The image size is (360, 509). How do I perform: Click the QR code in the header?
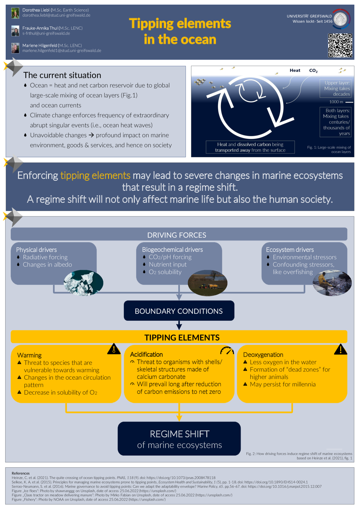(340, 45)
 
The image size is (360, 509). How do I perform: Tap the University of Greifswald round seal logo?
(341, 19)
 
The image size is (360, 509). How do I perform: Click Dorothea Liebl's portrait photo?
(15, 13)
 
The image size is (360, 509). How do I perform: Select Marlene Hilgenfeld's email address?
(61, 50)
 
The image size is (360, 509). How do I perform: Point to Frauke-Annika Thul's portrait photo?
(15, 31)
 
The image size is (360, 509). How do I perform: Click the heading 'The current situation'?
(62, 75)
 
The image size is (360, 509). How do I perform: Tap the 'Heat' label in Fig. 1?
(295, 70)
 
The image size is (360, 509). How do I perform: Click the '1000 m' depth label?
(336, 102)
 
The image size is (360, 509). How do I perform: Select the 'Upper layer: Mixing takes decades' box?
(335, 88)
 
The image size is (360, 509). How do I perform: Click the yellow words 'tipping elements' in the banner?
(95, 175)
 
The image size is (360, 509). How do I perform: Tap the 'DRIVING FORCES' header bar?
(179, 234)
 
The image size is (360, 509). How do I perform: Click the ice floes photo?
(83, 283)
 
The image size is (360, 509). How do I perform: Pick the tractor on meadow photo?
(207, 283)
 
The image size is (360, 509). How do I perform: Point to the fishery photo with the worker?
(332, 283)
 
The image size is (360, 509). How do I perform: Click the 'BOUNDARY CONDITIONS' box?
(179, 311)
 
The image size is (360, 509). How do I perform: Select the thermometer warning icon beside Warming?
(114, 349)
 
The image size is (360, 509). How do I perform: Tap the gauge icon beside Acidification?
(227, 350)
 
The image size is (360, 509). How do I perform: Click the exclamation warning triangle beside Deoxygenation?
(340, 349)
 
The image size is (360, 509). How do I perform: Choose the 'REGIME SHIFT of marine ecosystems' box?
(179, 439)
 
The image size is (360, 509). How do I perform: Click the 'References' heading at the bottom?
(21, 473)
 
